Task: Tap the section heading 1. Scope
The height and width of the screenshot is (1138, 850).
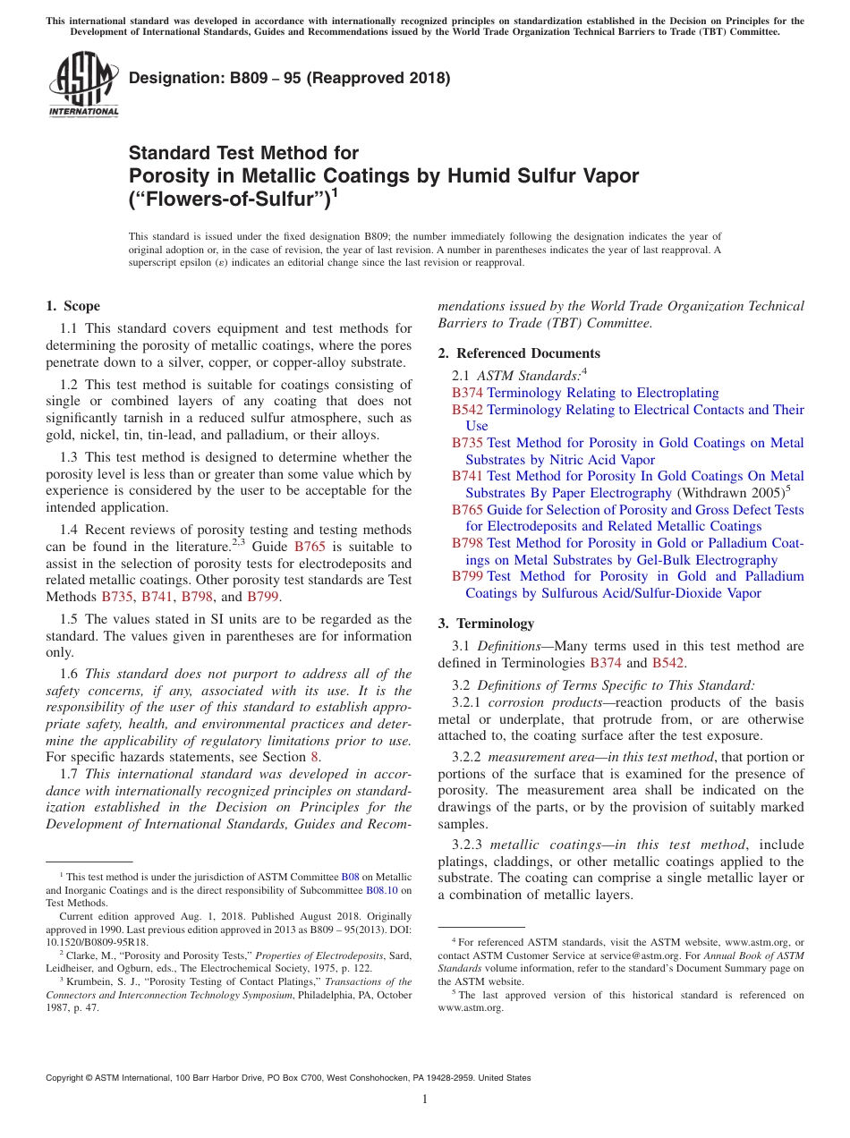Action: tap(73, 306)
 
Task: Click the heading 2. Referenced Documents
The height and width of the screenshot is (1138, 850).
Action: tap(519, 352)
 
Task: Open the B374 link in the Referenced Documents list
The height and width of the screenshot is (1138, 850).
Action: tap(467, 393)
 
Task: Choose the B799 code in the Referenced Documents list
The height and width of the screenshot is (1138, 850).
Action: tap(467, 576)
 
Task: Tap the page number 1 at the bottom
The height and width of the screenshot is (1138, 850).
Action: tap(425, 1099)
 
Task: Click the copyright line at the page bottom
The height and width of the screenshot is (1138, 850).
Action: tap(288, 1078)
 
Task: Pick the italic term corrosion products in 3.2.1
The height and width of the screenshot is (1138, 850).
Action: tap(545, 702)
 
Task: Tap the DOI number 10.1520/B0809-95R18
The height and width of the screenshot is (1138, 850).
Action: tap(98, 942)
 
